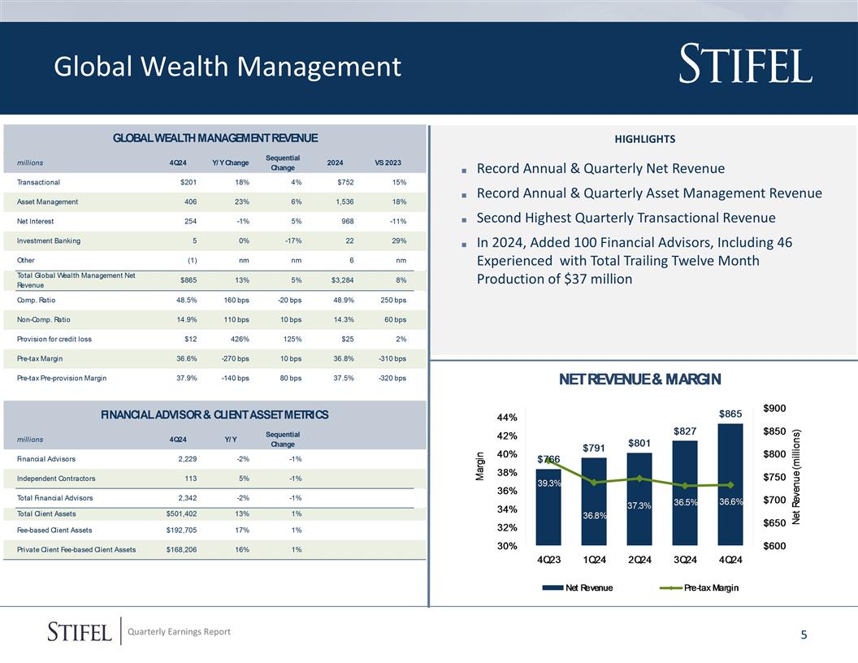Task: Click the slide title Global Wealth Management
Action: coord(227,67)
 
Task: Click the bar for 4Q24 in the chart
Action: coord(730,487)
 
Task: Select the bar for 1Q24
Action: coord(594,504)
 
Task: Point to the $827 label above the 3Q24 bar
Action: coord(685,430)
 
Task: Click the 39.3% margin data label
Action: coord(549,483)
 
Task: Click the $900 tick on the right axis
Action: coord(774,408)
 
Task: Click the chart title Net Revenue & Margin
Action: coord(639,379)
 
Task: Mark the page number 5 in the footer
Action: coord(804,635)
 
